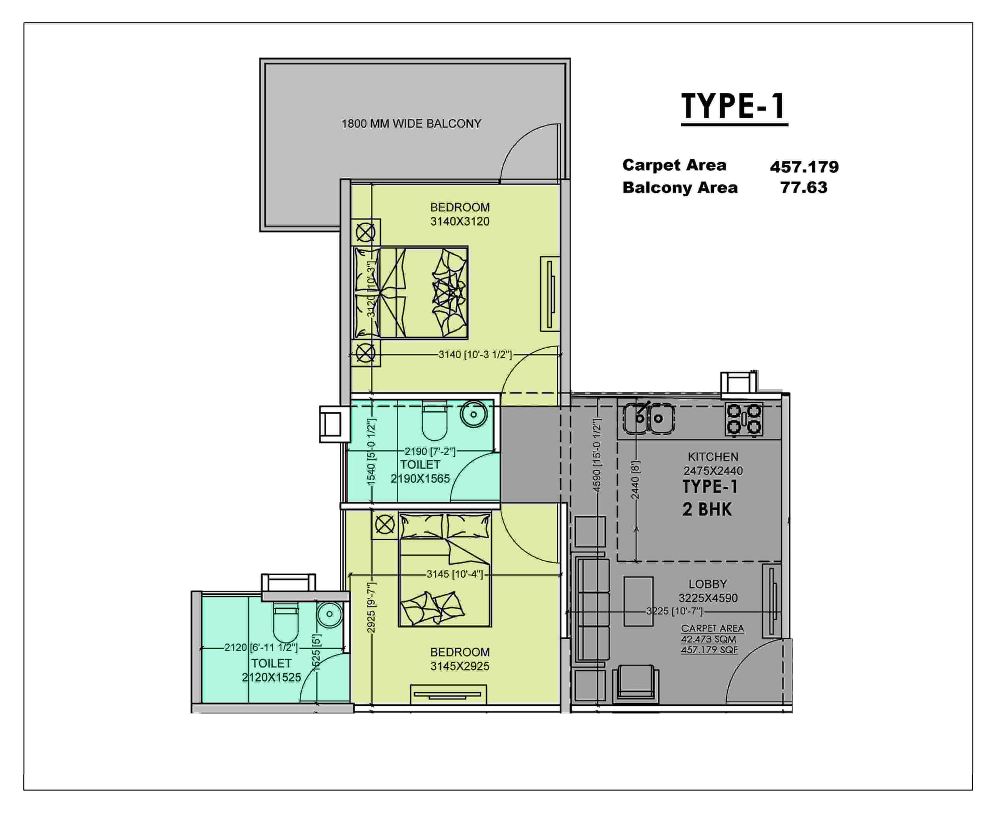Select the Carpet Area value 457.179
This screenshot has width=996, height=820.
tap(804, 167)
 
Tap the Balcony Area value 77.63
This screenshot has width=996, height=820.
tap(804, 187)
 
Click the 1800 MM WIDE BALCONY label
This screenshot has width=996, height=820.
tap(411, 124)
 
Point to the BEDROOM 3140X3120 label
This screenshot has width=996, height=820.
tap(460, 214)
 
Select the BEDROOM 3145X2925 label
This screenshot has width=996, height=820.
tap(460, 659)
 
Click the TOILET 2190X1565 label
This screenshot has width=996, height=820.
tap(420, 472)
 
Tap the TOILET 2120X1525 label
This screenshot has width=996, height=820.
tap(271, 671)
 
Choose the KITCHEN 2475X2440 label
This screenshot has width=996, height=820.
tap(713, 464)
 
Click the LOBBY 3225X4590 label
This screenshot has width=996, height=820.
tap(708, 591)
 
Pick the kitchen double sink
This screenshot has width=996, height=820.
tap(649, 418)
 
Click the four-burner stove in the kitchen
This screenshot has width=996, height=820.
tap(744, 419)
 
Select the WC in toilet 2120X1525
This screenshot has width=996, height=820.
tap(285, 623)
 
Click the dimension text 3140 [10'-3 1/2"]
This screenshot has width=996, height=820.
tap(475, 354)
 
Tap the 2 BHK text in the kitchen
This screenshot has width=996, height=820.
tap(707, 510)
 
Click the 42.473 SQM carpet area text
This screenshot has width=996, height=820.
tap(708, 639)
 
